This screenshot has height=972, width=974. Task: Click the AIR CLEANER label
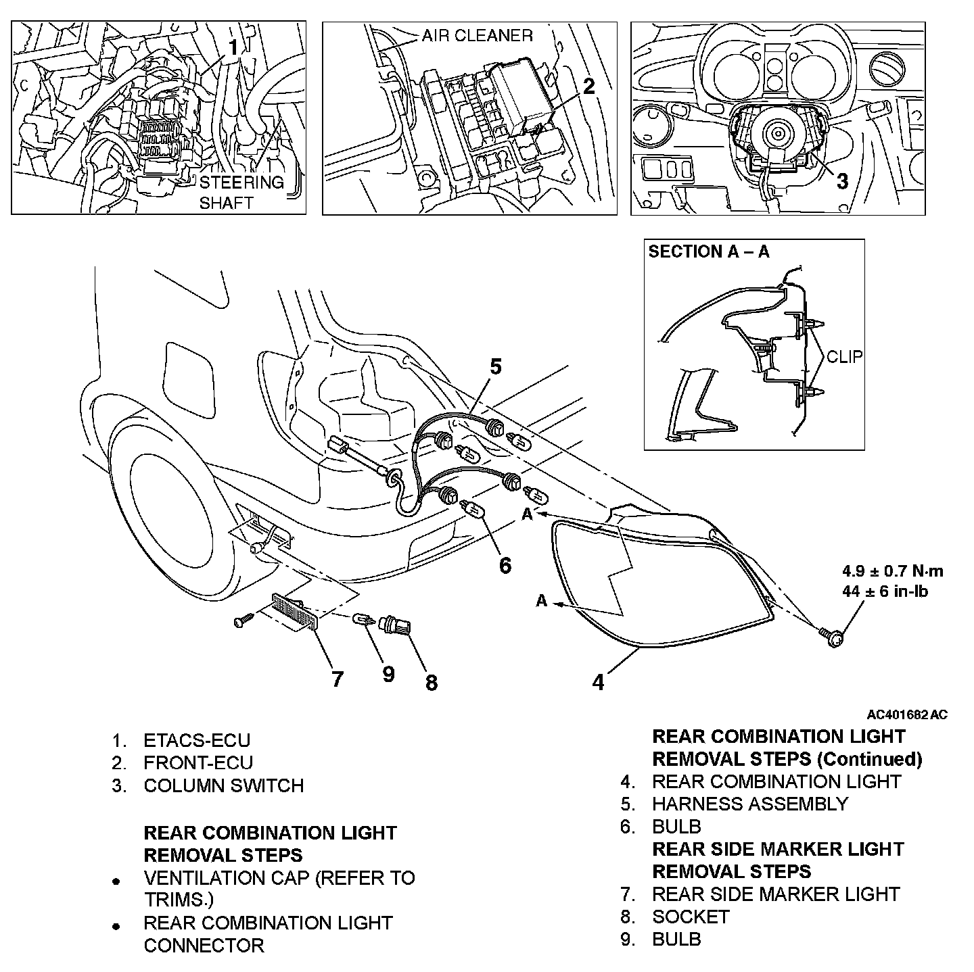477,35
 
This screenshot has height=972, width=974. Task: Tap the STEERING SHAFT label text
241,193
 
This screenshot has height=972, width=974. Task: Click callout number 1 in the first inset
233,47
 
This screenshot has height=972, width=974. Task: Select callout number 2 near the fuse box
589,86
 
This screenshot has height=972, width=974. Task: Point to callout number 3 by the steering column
841,181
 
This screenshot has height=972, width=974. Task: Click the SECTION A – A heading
709,252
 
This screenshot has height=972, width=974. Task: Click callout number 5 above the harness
496,367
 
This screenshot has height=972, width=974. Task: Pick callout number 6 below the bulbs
505,564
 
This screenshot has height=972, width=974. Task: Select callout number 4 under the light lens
598,682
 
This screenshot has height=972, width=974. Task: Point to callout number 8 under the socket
432,683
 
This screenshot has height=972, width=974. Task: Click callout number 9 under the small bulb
388,674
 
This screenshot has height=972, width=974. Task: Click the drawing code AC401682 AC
907,714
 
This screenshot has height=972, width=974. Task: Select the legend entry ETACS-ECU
197,740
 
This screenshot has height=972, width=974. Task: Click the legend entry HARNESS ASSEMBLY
749,804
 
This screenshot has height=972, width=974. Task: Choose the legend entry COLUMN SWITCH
223,785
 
